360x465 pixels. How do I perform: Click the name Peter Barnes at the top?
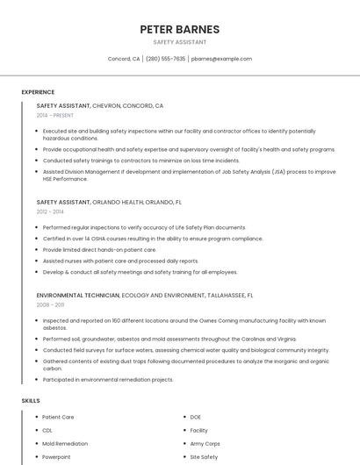(179, 30)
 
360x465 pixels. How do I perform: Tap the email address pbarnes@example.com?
(221, 59)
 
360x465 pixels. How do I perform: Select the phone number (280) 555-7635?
(165, 59)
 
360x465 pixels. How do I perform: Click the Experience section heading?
(38, 92)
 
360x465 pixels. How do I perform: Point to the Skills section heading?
(31, 400)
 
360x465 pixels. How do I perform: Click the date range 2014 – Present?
(55, 115)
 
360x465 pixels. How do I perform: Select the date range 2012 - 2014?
(50, 211)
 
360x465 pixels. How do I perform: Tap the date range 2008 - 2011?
(50, 304)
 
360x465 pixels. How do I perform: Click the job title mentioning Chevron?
(100, 105)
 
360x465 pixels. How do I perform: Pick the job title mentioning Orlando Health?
(109, 202)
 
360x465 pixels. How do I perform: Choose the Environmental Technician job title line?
(145, 295)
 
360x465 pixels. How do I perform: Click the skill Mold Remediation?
(65, 444)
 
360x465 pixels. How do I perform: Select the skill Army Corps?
(205, 444)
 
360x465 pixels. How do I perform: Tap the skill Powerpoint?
(56, 457)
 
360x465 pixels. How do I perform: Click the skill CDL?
(47, 431)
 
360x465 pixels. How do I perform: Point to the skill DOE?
(196, 417)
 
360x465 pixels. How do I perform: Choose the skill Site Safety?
(204, 457)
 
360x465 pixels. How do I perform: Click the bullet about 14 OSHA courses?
(153, 239)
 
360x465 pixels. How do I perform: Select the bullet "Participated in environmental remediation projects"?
(108, 380)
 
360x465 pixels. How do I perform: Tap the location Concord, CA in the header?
(124, 59)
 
